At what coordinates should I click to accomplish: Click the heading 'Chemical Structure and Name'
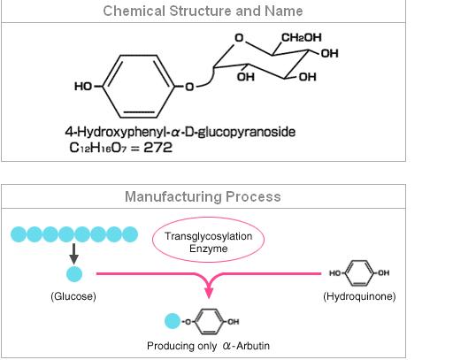pos(203,11)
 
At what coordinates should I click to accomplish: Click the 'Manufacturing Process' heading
pos(203,196)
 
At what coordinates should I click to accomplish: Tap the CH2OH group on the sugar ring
pos(302,37)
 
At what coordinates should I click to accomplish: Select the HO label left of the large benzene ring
pos(83,87)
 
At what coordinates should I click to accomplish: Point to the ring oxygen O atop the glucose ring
pos(239,38)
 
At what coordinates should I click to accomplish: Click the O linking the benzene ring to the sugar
pos(189,87)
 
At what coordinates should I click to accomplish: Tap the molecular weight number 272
pos(157,148)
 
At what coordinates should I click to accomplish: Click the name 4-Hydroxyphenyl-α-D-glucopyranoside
pos(180,132)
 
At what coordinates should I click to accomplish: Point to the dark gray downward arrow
pos(73,254)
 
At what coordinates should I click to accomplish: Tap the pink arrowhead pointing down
pos(209,291)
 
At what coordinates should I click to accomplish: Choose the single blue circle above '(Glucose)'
pos(74,274)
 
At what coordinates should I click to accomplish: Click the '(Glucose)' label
pos(73,296)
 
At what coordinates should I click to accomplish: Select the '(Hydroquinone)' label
pos(359,296)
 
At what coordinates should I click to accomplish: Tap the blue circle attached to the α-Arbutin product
pos(173,321)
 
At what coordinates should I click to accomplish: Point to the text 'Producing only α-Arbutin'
pos(208,346)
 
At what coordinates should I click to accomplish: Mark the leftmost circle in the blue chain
pos(19,234)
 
